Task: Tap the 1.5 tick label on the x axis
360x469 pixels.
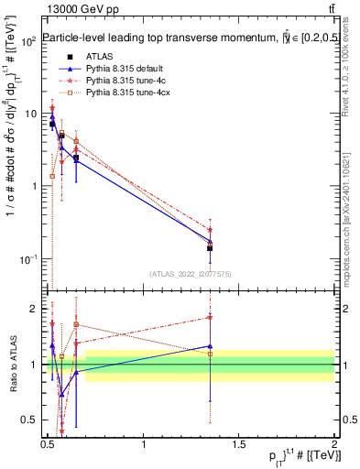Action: click(239, 445)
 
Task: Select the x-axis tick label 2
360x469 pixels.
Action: click(334, 445)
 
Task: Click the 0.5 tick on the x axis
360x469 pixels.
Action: click(49, 445)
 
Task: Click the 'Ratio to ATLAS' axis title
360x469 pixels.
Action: click(11, 365)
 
